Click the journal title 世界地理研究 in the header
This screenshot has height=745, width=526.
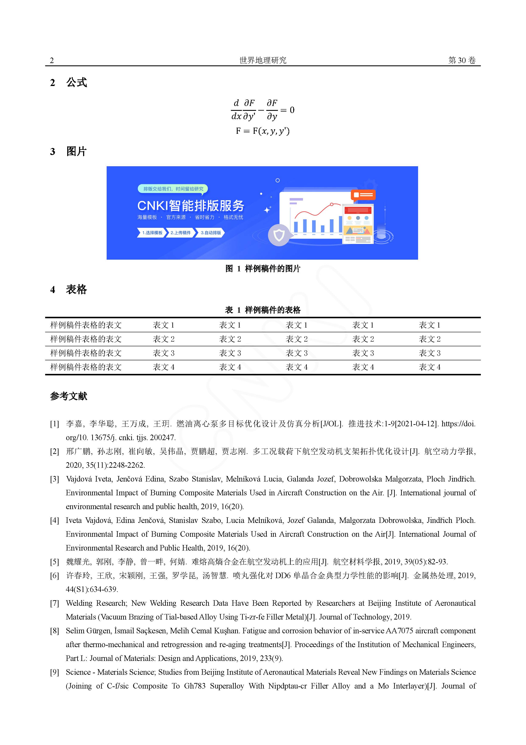click(x=263, y=60)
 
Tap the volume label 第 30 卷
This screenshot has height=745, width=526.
click(x=462, y=60)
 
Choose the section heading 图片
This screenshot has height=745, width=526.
click(x=77, y=152)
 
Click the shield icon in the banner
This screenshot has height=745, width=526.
click(x=279, y=235)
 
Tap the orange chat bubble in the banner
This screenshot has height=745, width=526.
click(x=363, y=195)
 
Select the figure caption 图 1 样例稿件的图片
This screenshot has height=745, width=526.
click(x=263, y=269)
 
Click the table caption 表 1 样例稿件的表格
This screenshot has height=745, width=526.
click(x=263, y=310)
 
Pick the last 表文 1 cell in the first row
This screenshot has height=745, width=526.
click(x=429, y=325)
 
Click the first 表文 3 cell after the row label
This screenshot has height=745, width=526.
click(x=164, y=353)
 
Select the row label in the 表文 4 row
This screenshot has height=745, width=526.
click(x=86, y=367)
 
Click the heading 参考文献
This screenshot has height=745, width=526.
click(x=69, y=396)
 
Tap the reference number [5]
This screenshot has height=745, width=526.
click(x=54, y=562)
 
